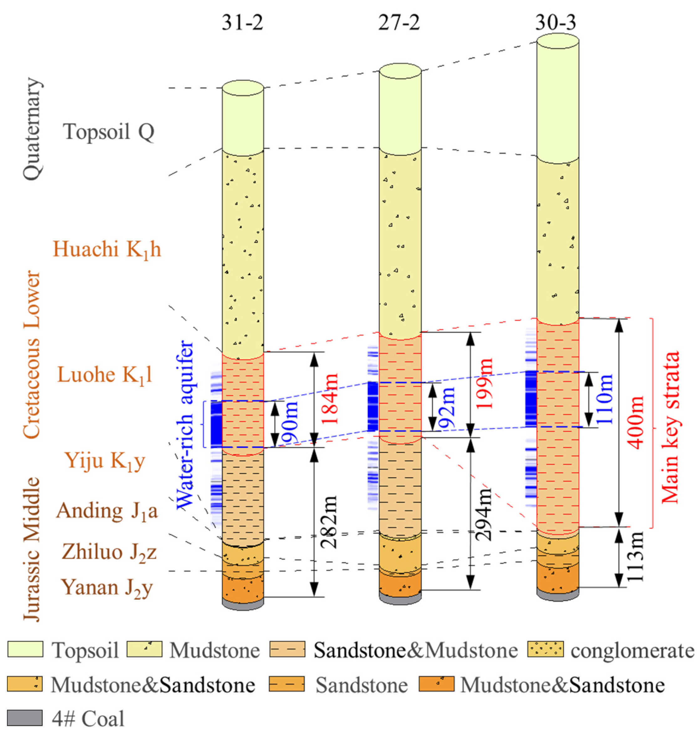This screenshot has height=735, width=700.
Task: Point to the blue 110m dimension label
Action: [605, 399]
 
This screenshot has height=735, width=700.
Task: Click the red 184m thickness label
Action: [330, 399]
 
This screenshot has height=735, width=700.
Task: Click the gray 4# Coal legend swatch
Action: [25, 717]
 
